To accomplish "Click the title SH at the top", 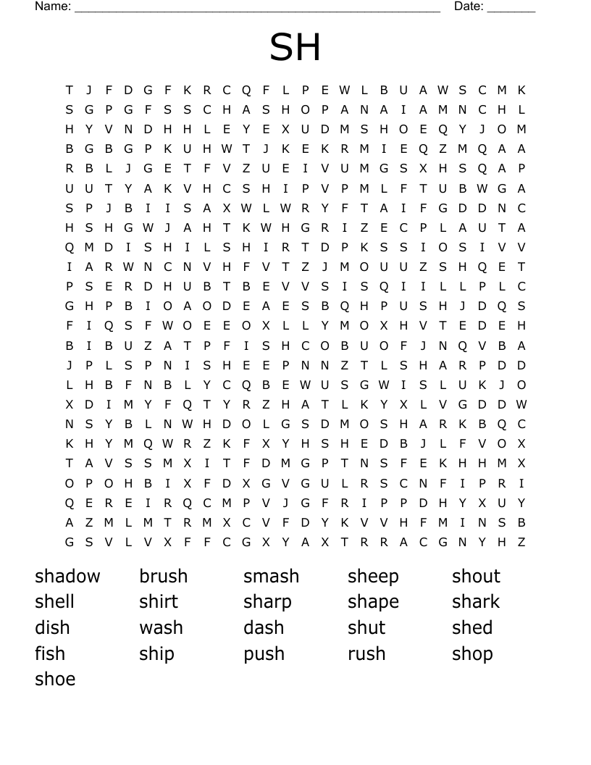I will tap(295, 48).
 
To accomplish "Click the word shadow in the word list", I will tap(67, 577).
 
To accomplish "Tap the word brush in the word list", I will tap(163, 577).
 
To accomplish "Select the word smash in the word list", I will tap(271, 577).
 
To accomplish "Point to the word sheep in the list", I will tap(373, 577).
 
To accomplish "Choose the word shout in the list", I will tap(476, 577).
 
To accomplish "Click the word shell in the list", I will tap(54, 602).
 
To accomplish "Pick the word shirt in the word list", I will tap(159, 602).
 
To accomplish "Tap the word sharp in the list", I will tap(267, 602).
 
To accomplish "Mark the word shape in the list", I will tap(373, 602).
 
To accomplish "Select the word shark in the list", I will tap(476, 602).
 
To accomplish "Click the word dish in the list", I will tap(52, 627).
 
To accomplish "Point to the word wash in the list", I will tap(161, 627).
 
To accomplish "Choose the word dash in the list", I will tap(264, 627).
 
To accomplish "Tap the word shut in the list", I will tap(366, 627).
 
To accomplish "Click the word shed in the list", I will tap(472, 627).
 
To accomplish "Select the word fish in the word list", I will tap(50, 653).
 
